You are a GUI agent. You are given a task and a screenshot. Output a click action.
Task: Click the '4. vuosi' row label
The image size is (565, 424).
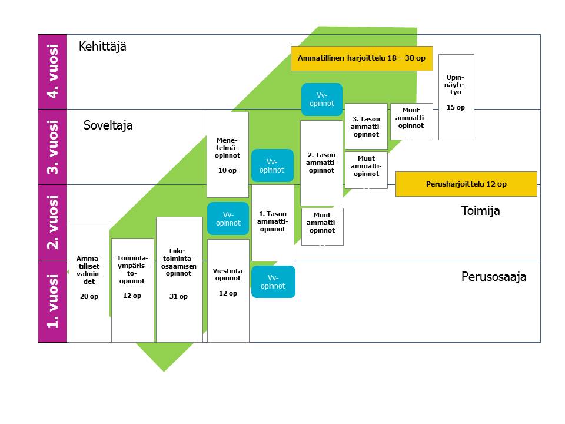(x=52, y=71)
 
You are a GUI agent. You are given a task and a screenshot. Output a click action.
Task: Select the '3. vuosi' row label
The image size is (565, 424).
(x=52, y=147)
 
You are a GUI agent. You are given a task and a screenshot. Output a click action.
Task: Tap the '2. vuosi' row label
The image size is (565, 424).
(x=52, y=223)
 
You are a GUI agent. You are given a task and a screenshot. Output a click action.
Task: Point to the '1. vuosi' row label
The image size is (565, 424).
(x=52, y=301)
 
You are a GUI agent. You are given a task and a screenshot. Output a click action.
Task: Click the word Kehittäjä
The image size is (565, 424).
(x=102, y=47)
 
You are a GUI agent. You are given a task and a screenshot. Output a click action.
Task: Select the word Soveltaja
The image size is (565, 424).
(x=108, y=125)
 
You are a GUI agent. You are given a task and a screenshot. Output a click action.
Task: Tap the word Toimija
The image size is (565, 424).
(x=480, y=211)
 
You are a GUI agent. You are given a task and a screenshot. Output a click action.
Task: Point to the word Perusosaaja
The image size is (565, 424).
(x=493, y=277)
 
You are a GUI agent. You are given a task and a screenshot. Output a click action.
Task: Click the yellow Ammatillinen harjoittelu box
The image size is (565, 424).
(x=361, y=58)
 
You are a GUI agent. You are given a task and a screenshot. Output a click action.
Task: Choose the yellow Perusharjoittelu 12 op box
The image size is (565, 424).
(x=466, y=184)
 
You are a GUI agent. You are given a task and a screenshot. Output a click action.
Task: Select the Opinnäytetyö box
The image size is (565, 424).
(x=456, y=97)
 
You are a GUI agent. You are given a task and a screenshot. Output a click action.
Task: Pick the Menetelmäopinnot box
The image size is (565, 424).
(x=227, y=154)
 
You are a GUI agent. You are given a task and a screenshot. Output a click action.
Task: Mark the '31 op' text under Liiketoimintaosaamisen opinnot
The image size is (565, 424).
(x=179, y=296)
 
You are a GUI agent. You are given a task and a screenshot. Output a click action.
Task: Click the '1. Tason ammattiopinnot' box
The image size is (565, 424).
(x=272, y=222)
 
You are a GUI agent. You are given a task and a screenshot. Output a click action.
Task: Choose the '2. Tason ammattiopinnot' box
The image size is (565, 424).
(x=321, y=163)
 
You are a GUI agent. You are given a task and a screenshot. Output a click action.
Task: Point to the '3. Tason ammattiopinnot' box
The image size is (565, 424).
(x=366, y=126)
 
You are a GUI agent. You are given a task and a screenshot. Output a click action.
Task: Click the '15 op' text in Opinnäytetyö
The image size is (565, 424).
(x=456, y=108)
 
